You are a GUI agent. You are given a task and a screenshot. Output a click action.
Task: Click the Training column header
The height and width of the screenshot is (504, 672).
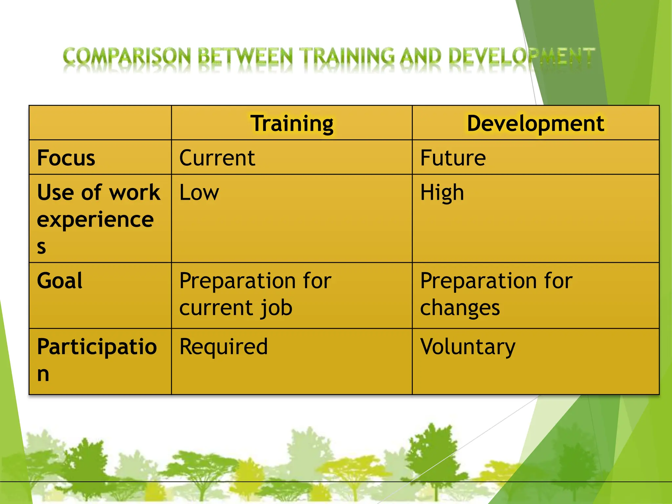[x=292, y=124]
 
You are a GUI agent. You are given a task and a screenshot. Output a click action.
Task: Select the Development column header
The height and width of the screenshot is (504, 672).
[x=535, y=124]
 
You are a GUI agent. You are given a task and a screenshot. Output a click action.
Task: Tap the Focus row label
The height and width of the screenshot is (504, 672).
[x=66, y=158]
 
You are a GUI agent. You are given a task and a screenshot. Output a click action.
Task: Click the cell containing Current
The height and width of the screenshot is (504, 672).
[x=217, y=158]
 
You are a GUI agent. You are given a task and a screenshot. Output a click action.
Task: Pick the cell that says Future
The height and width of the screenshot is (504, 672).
[x=453, y=158]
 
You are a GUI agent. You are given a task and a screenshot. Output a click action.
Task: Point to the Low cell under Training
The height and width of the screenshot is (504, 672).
[x=199, y=192]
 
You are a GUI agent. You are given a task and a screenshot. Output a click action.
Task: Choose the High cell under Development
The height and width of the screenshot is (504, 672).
[x=442, y=192]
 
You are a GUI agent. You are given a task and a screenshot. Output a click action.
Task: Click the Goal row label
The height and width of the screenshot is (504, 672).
[x=60, y=281]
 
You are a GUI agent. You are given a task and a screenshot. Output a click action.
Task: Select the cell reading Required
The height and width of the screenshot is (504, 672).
[x=223, y=347]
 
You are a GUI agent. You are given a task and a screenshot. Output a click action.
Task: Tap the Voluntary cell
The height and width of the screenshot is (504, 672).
[x=468, y=347]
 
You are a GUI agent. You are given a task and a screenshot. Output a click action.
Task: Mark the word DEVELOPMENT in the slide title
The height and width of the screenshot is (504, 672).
[x=521, y=56]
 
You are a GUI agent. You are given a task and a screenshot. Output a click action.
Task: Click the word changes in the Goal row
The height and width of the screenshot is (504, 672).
[x=460, y=308]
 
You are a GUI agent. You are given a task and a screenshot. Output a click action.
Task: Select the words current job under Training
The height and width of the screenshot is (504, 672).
[x=236, y=308]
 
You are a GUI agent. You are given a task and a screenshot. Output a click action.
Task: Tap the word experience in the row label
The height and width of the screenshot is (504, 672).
[x=95, y=220]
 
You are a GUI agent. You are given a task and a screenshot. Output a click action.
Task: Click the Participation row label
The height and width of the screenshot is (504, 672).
[x=97, y=347]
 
